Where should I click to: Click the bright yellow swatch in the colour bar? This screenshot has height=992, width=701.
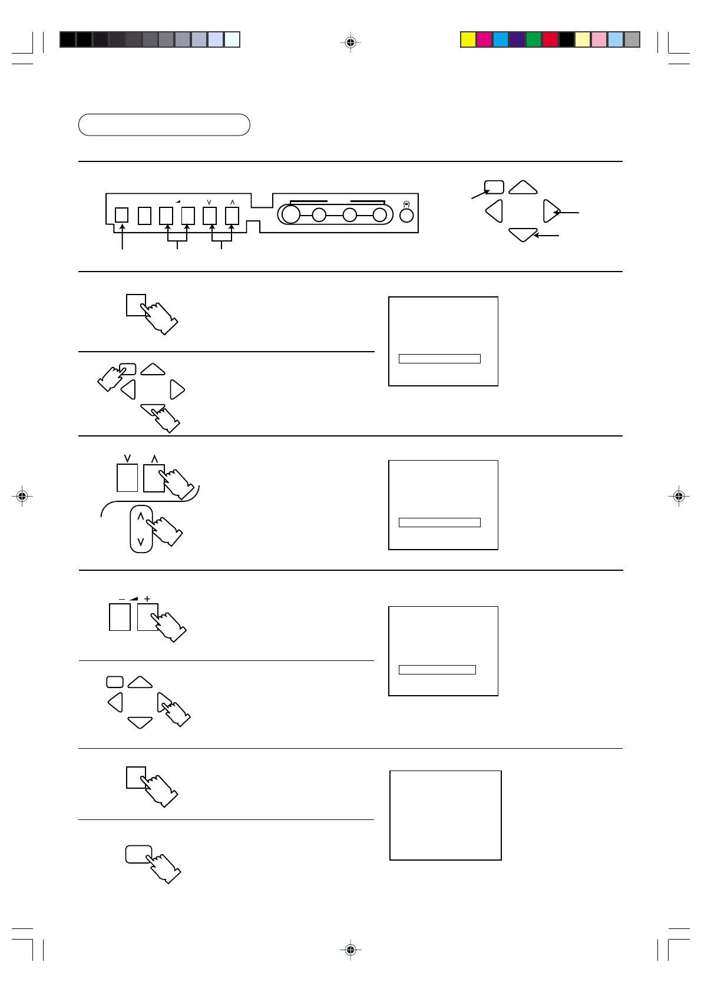(x=468, y=39)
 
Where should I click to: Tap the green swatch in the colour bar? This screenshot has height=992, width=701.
(x=534, y=39)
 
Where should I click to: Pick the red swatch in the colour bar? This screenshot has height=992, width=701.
(x=550, y=39)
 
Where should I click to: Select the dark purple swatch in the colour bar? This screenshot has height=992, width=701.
(x=517, y=39)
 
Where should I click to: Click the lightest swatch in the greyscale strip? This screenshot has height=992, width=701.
(x=232, y=39)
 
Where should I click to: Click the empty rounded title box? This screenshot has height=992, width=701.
(x=164, y=125)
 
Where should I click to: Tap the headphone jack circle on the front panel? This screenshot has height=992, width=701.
(x=406, y=214)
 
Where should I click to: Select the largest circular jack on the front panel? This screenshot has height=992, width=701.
(x=291, y=214)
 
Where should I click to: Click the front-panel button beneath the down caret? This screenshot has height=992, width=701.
(x=210, y=216)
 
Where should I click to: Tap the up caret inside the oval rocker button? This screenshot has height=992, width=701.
(x=140, y=516)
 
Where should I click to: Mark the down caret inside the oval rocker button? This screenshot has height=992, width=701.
(x=140, y=541)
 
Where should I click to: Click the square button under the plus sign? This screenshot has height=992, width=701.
(x=147, y=617)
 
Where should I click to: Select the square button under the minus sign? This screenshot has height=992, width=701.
(x=120, y=617)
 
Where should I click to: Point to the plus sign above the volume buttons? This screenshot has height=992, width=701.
(x=147, y=598)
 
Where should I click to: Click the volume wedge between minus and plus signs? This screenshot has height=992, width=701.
(x=134, y=598)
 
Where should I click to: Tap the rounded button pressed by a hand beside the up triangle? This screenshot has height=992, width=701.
(x=128, y=369)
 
